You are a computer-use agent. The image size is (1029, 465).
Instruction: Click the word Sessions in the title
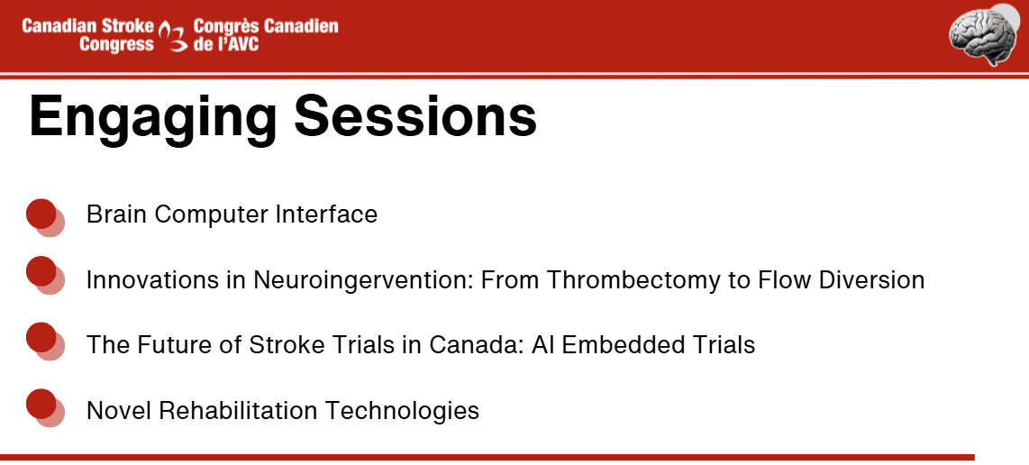pos(415,115)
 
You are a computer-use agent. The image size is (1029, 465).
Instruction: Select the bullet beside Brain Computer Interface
pos(45,217)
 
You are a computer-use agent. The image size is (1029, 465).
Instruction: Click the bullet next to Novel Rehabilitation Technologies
pos(45,408)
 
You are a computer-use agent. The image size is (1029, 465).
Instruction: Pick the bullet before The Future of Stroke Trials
pos(45,342)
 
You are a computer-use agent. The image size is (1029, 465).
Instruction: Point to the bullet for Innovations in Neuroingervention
pos(45,275)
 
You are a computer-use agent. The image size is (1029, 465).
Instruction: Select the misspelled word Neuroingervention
pos(363,280)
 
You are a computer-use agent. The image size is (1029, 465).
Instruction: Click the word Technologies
pos(402,411)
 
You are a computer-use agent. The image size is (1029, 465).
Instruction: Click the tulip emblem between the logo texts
pos(174,36)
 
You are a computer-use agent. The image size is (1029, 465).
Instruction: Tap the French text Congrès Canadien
pos(266,27)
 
